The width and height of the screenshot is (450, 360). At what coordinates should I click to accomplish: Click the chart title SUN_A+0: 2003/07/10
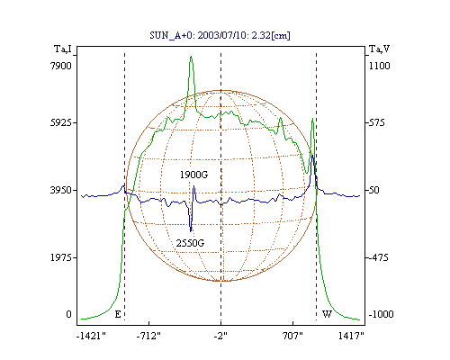coord(197,35)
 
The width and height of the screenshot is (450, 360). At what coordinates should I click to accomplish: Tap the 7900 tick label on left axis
coord(61,66)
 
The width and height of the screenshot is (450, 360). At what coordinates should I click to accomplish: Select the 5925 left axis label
coord(61,122)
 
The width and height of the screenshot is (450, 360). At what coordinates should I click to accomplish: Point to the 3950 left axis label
coord(61,190)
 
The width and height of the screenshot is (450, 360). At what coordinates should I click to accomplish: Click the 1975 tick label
coord(61,257)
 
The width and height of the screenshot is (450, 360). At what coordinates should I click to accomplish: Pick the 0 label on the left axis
coord(68,314)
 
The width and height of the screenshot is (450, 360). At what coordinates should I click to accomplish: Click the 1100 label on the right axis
coord(380,66)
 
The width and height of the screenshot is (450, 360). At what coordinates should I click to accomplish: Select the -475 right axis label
coord(379,257)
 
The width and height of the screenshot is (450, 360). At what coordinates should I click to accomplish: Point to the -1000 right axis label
coord(381,314)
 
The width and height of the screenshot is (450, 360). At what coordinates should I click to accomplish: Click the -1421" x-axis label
coord(91,336)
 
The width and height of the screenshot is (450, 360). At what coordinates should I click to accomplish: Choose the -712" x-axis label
coord(148,336)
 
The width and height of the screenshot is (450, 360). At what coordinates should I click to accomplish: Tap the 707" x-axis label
coord(292,336)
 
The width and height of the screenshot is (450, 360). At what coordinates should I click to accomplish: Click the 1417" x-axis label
coord(351,336)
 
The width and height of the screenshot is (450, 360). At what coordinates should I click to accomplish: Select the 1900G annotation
coord(193,175)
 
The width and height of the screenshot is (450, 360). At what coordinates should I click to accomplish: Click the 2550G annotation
coord(190,243)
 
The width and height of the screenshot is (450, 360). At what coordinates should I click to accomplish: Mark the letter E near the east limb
coord(118,314)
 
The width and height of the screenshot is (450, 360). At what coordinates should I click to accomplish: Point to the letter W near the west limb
coord(327,314)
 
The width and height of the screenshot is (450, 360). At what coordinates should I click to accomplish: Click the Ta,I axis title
coord(63,49)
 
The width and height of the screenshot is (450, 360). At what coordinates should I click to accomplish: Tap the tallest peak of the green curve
coord(191,57)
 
